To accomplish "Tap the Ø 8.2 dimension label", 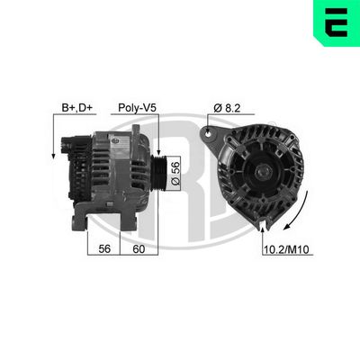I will click(x=228, y=107).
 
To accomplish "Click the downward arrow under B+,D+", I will click(x=56, y=148).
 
